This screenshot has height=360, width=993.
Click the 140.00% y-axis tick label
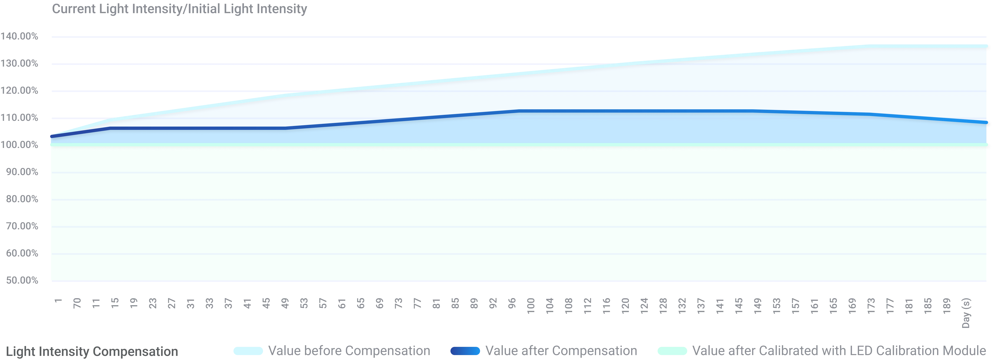[19, 36]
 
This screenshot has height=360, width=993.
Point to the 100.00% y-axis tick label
[19, 145]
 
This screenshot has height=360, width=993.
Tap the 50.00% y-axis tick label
[22, 280]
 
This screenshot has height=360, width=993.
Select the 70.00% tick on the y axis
[22, 226]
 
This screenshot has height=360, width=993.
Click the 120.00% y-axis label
[19, 91]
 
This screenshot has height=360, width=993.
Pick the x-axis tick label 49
[285, 303]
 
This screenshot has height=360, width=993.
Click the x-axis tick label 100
[531, 306]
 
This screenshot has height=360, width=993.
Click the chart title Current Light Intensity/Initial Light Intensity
[180, 9]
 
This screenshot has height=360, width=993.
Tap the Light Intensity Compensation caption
[92, 352]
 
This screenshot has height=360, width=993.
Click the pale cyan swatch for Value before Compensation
[248, 351]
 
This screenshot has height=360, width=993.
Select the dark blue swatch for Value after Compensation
[465, 351]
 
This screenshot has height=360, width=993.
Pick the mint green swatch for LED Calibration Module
[672, 351]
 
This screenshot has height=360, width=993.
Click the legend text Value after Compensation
[561, 351]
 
